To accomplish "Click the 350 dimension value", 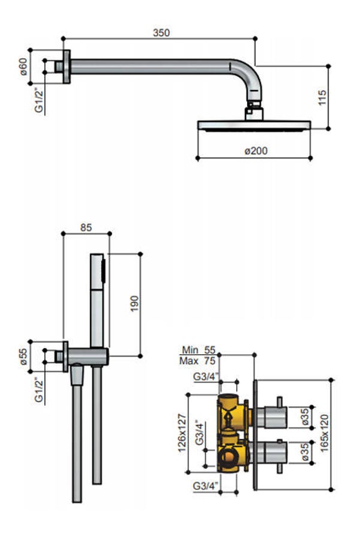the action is point(161,32).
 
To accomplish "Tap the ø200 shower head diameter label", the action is point(256,151).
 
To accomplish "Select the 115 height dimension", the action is point(322,97).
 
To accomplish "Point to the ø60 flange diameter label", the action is point(23,67).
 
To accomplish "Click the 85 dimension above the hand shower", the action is point(86,228).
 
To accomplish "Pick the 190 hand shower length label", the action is point(134,303).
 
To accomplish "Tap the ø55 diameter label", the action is point(23,357).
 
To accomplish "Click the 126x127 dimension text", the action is point(182,433).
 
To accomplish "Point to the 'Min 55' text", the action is point(199,350).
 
